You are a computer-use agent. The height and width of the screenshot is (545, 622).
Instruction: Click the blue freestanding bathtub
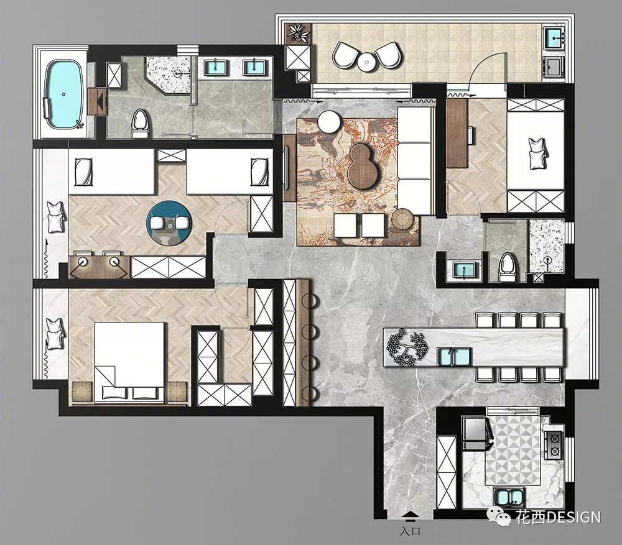coord(64,94)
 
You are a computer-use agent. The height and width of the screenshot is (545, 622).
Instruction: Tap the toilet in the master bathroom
coord(139,123)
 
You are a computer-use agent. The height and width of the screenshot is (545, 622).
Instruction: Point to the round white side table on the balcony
coord(368,62)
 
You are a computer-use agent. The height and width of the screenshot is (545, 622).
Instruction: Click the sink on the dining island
coord(454,356)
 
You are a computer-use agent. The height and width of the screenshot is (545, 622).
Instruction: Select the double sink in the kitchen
coord(509,497)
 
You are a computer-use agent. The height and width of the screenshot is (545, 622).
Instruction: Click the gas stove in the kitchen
coord(554,445)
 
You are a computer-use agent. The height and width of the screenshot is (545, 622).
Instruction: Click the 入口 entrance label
coord(410,531)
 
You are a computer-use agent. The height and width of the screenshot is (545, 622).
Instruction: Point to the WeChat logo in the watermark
coord(499,516)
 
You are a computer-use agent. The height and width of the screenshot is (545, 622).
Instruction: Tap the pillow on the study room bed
coord(538,153)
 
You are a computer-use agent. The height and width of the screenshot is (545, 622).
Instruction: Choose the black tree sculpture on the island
coord(407,346)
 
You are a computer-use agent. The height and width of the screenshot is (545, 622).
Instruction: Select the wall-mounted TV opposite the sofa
coord(286,167)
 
